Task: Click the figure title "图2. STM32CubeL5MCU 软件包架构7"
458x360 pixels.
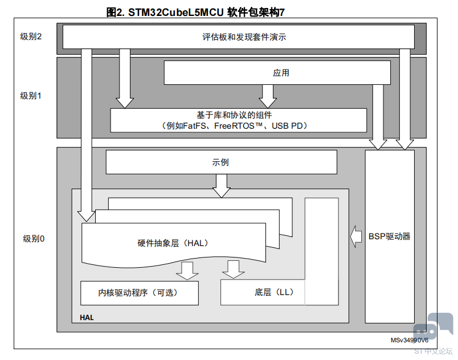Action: point(195,13)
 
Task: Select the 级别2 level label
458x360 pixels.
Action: point(31,36)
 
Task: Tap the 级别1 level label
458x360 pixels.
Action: point(31,96)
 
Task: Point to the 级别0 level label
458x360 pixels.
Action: point(34,239)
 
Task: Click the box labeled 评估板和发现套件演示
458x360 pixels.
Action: point(239,37)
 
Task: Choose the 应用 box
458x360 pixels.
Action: point(277,73)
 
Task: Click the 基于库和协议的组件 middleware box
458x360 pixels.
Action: point(238,120)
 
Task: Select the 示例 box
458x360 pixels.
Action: point(222,162)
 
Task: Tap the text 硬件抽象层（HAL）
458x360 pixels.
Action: point(173,243)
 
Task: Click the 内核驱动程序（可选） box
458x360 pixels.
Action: point(140,293)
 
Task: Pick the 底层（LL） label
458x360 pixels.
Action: point(274,292)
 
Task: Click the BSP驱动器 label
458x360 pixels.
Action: point(390,236)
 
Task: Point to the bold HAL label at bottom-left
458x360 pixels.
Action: point(87,318)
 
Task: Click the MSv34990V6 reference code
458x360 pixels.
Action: point(410,340)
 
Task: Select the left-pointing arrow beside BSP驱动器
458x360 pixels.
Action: point(356,237)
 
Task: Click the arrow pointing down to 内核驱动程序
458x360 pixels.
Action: point(187,271)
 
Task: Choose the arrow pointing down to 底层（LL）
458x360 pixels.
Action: point(234,269)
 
